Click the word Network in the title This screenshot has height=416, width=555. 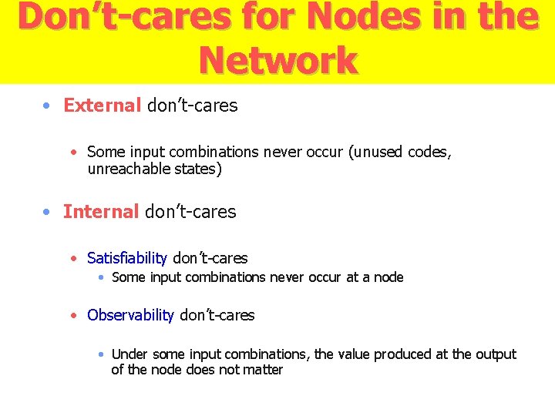[x=277, y=60]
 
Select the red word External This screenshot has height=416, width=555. [x=102, y=106]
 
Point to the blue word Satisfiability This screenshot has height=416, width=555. [x=127, y=258]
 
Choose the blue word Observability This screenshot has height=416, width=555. [x=130, y=315]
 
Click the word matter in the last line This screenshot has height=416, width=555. [x=264, y=370]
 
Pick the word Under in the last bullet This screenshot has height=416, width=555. [x=129, y=354]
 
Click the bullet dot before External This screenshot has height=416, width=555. [x=48, y=106]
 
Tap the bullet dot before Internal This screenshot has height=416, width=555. [x=48, y=212]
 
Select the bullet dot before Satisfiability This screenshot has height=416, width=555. [x=73, y=259]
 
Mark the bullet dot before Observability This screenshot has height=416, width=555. [x=73, y=316]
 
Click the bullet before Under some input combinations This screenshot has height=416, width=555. [x=101, y=355]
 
